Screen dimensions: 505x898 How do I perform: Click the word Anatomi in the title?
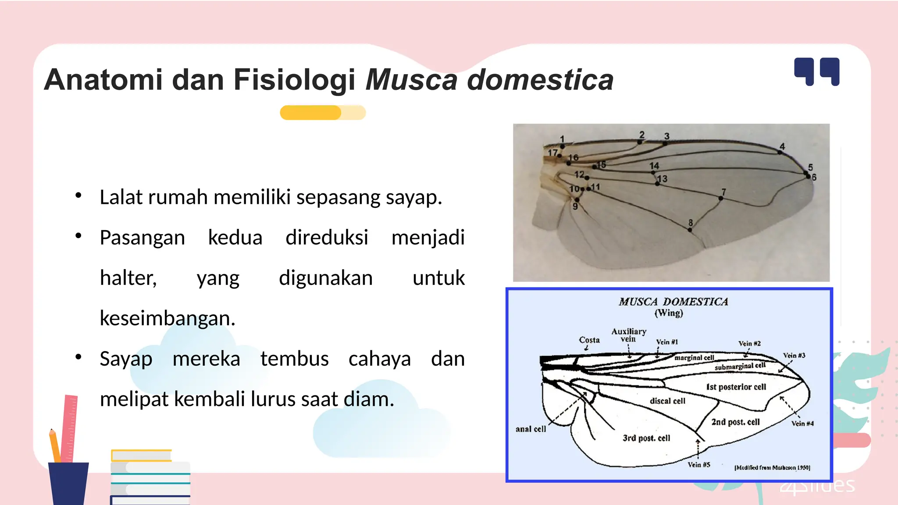click(x=103, y=80)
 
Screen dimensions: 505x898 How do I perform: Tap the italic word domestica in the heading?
click(x=540, y=80)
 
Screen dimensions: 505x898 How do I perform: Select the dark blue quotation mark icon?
click(x=816, y=71)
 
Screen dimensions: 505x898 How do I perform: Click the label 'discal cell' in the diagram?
click(x=667, y=401)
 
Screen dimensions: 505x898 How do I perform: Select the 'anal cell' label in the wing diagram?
click(x=531, y=429)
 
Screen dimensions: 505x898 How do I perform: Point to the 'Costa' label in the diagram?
click(x=589, y=340)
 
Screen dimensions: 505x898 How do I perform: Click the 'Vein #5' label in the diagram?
click(x=698, y=465)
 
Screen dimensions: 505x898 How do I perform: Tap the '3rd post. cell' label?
click(x=646, y=438)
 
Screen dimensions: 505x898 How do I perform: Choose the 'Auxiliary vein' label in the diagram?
click(x=628, y=335)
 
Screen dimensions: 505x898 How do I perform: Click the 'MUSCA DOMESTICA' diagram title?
click(x=673, y=302)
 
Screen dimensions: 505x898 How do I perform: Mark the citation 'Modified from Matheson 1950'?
click(x=772, y=468)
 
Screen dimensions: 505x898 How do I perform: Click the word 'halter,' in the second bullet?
click(x=128, y=278)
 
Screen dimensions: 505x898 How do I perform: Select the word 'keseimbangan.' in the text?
click(x=167, y=318)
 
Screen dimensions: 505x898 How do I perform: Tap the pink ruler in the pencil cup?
click(x=69, y=427)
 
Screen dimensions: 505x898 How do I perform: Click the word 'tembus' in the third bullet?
click(x=294, y=359)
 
